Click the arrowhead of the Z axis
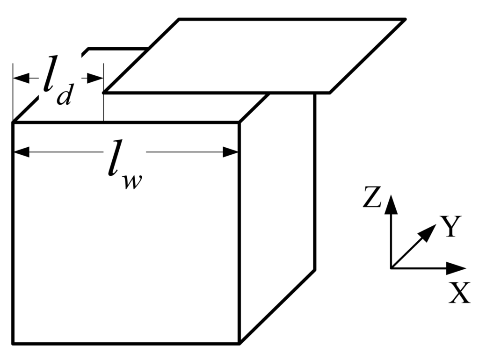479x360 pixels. click(391, 204)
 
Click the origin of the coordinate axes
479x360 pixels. click(391, 268)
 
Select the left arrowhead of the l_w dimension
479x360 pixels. click(21, 152)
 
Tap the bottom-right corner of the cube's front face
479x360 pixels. click(239, 344)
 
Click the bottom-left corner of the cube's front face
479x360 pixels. click(13, 344)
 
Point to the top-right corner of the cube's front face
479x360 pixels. click(239, 122)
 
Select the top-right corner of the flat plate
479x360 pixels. click(405, 19)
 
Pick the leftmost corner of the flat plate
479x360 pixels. click(103, 93)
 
